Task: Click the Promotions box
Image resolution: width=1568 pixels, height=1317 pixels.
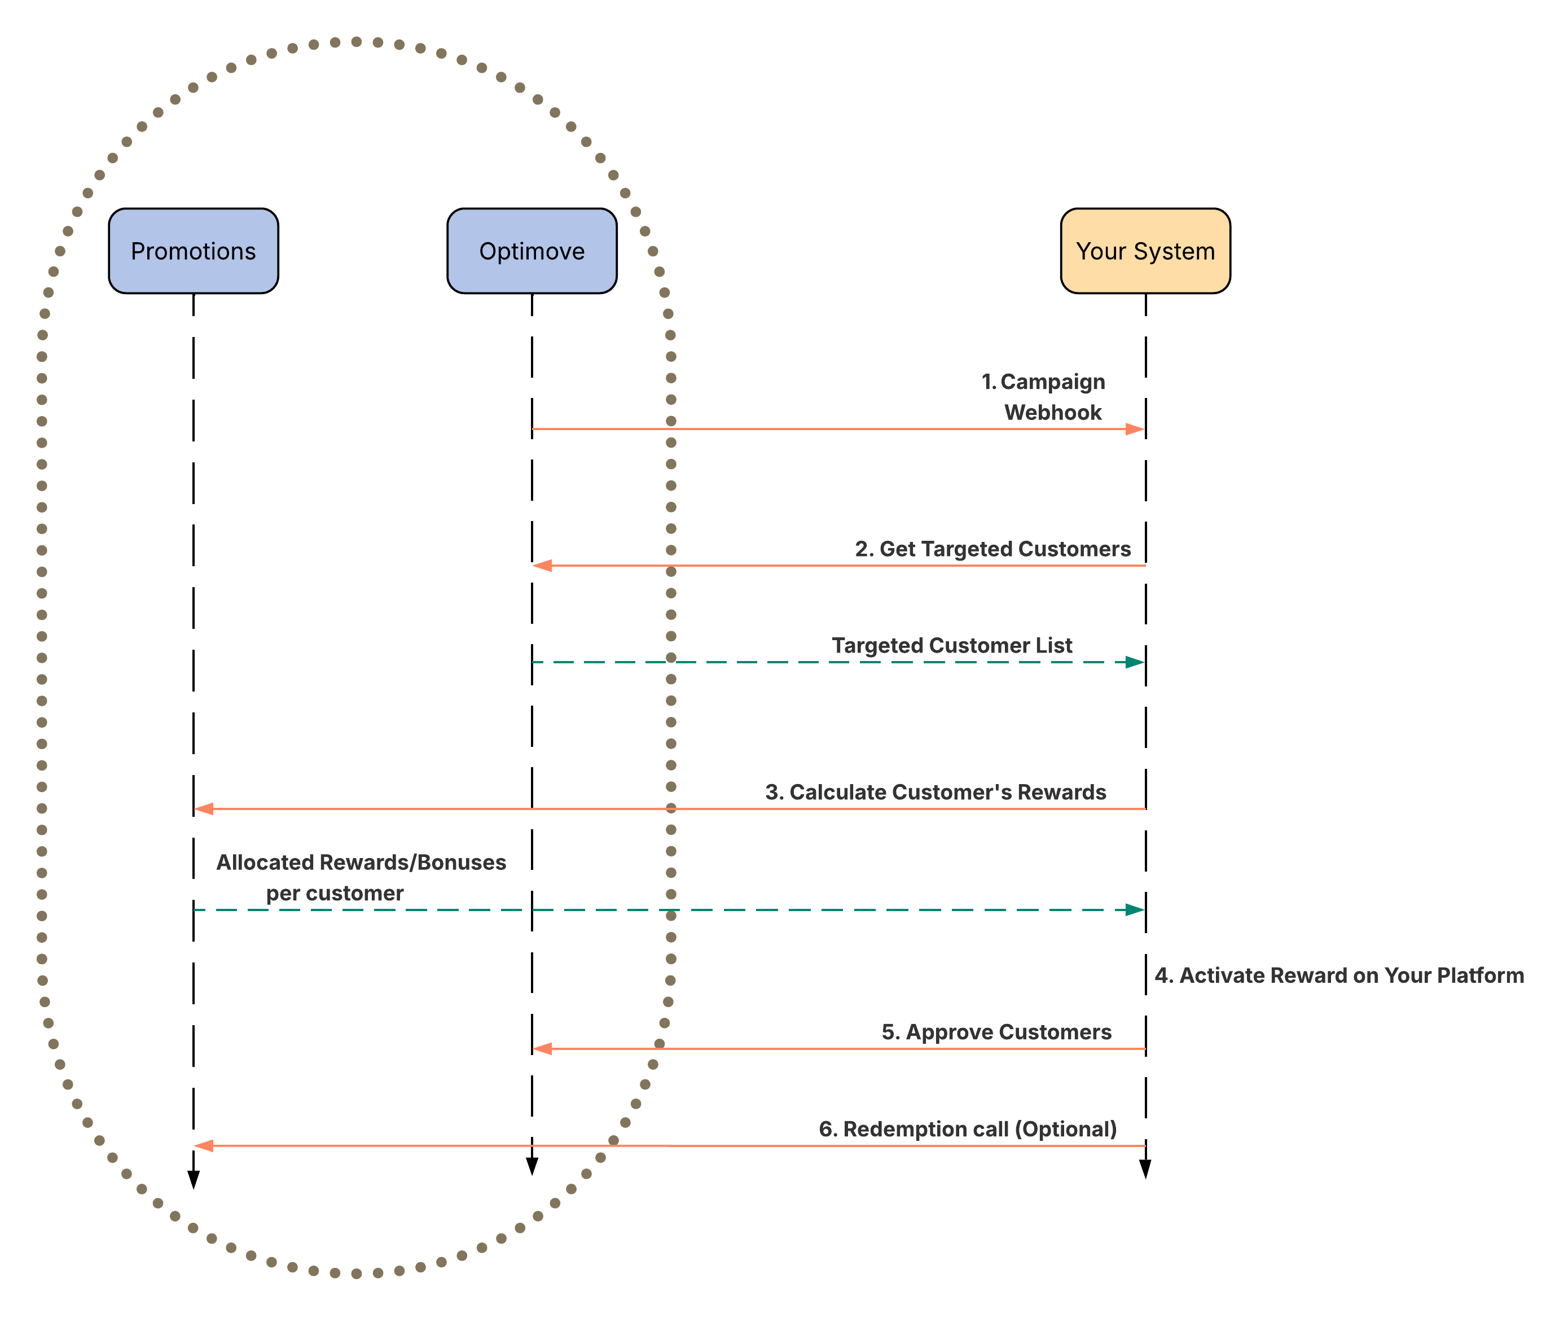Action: [194, 251]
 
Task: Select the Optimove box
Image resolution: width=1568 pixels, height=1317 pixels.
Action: [532, 251]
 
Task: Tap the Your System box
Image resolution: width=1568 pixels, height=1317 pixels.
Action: [1145, 251]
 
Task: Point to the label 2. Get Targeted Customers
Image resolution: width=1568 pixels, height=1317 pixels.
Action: [992, 549]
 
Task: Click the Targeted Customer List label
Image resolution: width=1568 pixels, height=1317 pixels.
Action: [952, 645]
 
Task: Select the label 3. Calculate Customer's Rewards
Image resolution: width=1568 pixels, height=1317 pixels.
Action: [935, 792]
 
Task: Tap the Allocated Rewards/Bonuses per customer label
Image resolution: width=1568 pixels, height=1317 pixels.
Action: [361, 878]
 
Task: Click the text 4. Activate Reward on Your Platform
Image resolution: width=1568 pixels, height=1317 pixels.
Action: [1339, 975]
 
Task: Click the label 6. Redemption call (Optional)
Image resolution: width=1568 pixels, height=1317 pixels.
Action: [968, 1130]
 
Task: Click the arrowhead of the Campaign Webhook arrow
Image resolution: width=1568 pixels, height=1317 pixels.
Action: [1135, 429]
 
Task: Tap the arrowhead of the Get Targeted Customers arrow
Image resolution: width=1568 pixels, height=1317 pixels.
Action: [543, 566]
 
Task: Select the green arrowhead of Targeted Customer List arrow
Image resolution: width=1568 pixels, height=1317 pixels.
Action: [1135, 662]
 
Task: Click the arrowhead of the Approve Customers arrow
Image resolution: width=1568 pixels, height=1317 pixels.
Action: [543, 1049]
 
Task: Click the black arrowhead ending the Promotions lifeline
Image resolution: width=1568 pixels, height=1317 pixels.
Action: [194, 1180]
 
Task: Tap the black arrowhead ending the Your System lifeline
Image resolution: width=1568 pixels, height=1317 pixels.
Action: [1145, 1169]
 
